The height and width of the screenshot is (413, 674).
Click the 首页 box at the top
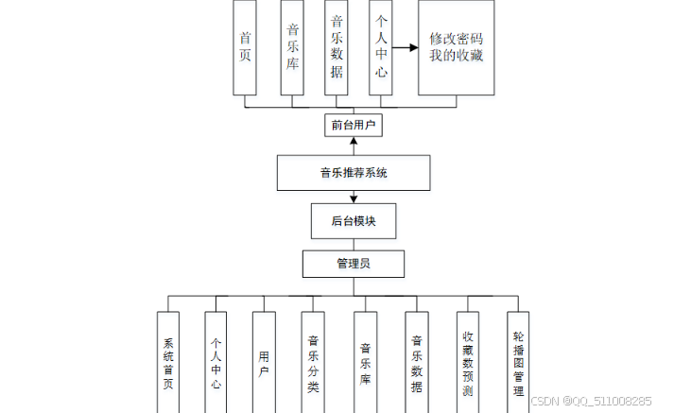pos(246,47)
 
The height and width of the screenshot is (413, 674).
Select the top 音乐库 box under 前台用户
pos(292,47)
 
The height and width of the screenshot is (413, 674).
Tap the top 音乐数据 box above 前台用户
pos(337,47)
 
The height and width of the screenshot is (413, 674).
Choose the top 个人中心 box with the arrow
pos(381,47)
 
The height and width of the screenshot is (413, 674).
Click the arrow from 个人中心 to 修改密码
pos(406,46)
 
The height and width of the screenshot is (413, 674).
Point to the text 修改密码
pos(457,40)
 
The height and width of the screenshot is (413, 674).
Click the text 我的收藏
pos(457,56)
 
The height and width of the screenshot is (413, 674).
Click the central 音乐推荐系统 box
pos(354,173)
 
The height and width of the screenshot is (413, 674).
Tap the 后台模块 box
pos(354,221)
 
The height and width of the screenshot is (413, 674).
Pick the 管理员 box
pos(354,264)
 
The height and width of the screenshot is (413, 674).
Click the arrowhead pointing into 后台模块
pos(354,199)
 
